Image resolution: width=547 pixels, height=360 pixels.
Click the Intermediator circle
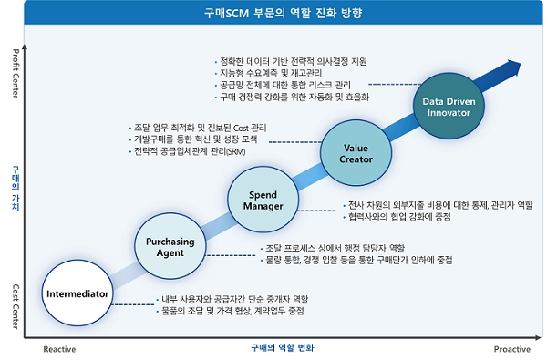pyautogui.click(x=78, y=294)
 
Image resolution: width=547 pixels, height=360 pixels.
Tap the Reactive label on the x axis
pyautogui.click(x=60, y=348)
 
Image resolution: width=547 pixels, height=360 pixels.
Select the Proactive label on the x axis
pyautogui.click(x=512, y=348)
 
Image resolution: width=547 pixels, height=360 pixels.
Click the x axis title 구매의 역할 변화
pyautogui.click(x=282, y=348)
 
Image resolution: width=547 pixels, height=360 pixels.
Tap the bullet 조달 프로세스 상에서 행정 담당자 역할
pyautogui.click(x=334, y=249)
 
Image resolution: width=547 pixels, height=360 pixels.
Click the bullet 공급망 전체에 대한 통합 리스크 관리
pyautogui.click(x=280, y=84)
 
